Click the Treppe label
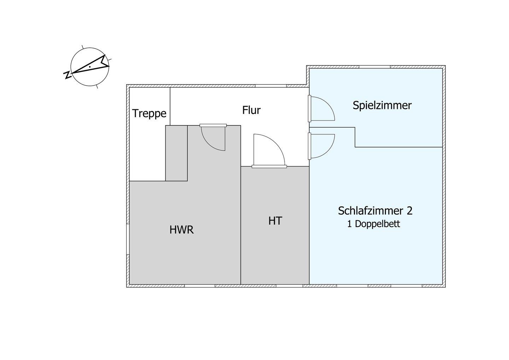click(149, 114)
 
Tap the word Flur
click(251, 110)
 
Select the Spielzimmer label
click(382, 106)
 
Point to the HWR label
click(182, 230)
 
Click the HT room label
click(275, 221)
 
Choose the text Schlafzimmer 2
click(375, 211)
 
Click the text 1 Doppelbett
click(374, 224)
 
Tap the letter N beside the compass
click(67, 75)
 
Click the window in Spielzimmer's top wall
click(375, 67)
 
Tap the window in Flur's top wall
click(271, 86)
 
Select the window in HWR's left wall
click(128, 239)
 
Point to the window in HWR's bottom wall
click(199, 286)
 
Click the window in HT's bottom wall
click(289, 286)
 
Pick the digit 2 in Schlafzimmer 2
click(409, 211)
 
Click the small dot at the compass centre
click(90, 67)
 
